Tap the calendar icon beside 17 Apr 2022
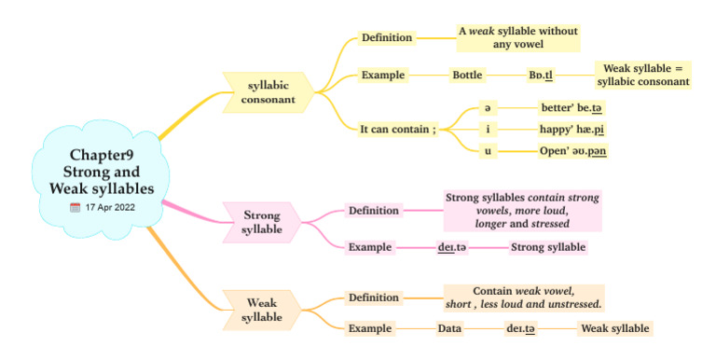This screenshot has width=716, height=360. click(75, 207)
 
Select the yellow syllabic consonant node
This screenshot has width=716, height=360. click(267, 91)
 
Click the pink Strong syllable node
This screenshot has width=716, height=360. click(262, 222)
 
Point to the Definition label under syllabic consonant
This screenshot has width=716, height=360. click(386, 37)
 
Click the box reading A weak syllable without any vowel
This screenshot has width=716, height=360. click(518, 37)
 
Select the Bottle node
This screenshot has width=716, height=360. click(467, 75)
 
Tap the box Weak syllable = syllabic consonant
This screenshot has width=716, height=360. click(643, 75)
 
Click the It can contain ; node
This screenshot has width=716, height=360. click(398, 129)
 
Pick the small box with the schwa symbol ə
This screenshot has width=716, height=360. click(488, 107)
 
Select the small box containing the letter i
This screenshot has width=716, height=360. click(488, 129)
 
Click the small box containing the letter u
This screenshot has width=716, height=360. click(488, 150)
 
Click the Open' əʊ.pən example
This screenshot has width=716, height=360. click(573, 150)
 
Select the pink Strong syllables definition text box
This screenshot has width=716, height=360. click(522, 211)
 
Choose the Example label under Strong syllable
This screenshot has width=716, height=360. click(369, 247)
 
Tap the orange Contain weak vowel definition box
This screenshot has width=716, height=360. click(523, 298)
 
